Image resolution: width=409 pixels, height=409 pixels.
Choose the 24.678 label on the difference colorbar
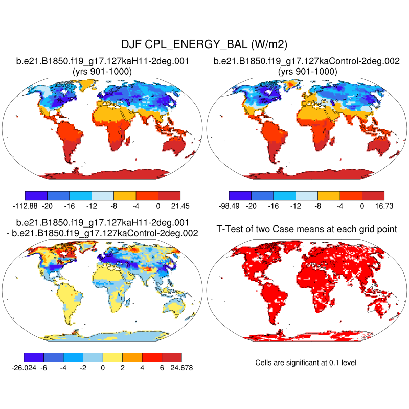pos(181,367)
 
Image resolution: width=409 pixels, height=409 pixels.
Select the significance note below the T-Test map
pos(306,362)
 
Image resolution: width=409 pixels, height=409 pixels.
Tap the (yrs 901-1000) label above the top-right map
pos(307,72)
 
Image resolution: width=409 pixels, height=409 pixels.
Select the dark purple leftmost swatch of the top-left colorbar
pos(36,195)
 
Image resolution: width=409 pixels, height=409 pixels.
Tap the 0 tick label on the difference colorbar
pos(103,367)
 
